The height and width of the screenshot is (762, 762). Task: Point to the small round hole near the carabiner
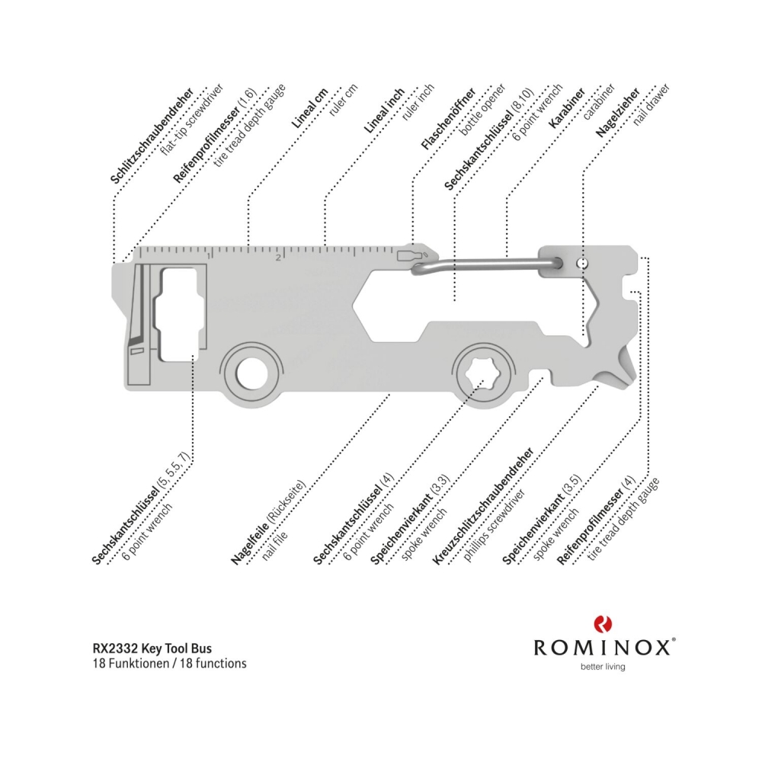click(x=583, y=263)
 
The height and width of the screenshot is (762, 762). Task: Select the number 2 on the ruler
click(x=280, y=257)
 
